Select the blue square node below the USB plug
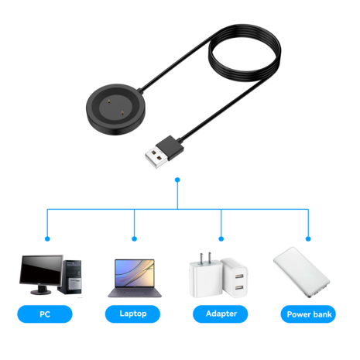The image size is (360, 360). tap(178, 180)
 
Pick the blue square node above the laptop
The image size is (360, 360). tap(134, 238)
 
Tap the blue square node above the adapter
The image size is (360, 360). tap(221, 238)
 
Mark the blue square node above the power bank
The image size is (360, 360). tap(307, 238)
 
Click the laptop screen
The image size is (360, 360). tap(133, 273)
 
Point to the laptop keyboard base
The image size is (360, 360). tap(133, 294)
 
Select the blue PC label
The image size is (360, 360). tap(46, 314)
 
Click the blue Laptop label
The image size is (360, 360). tap(134, 314)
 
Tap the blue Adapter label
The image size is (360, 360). tap(221, 314)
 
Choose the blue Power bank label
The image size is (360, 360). tap(309, 314)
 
